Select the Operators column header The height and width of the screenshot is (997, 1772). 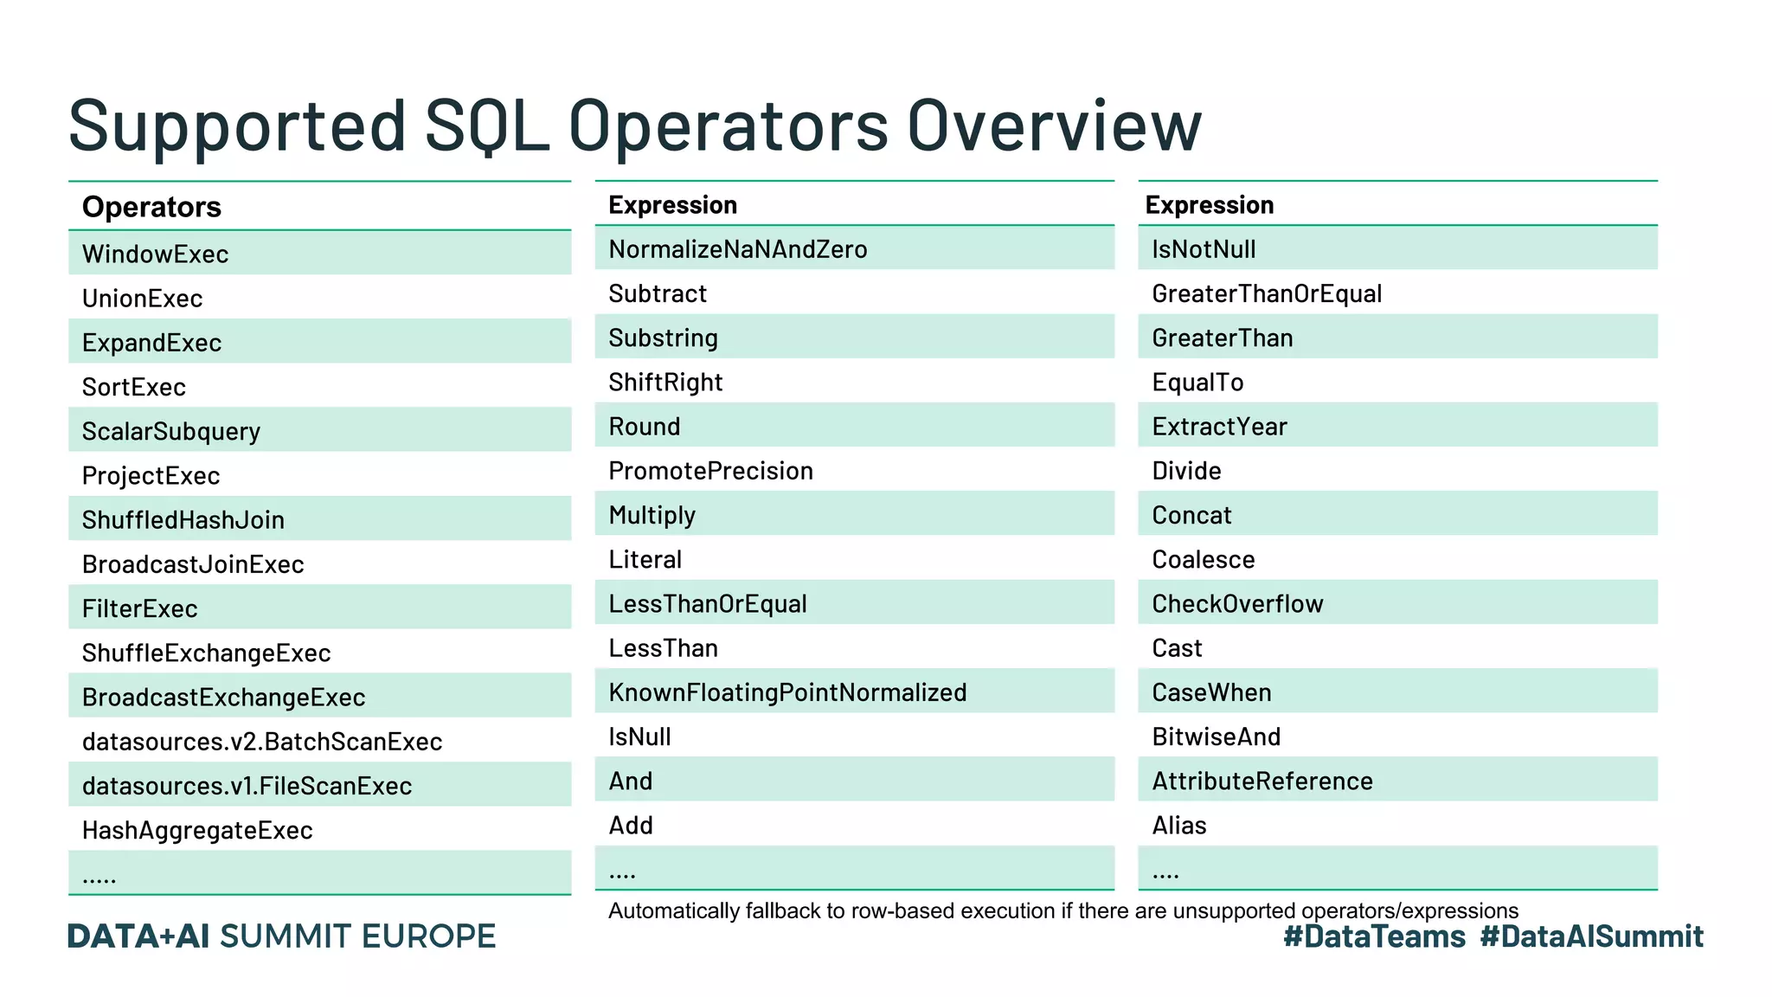[x=151, y=207]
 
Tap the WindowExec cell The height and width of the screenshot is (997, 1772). [x=156, y=254]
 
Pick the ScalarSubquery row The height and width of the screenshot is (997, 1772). [x=171, y=431]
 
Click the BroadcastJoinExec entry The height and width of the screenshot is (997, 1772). [x=193, y=564]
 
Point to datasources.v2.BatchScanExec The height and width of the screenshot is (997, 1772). [x=262, y=742]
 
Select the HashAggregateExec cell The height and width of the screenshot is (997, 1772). [x=197, y=830]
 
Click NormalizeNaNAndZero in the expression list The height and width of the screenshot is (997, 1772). [x=737, y=249]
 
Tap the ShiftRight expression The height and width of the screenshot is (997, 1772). [x=665, y=382]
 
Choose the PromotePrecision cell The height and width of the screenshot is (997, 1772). [x=710, y=471]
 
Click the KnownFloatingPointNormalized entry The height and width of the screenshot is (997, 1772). [x=787, y=692]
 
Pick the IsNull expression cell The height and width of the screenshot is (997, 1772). [x=639, y=736]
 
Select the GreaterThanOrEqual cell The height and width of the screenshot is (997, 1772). [x=1267, y=293]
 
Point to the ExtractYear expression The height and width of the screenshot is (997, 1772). [x=1219, y=427]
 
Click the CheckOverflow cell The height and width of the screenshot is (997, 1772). [x=1237, y=604]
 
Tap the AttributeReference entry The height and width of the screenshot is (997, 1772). [x=1262, y=782]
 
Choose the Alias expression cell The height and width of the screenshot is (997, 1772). [x=1178, y=826]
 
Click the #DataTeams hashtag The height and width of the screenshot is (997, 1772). [x=1374, y=936]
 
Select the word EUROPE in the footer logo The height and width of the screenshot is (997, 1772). [x=428, y=936]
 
